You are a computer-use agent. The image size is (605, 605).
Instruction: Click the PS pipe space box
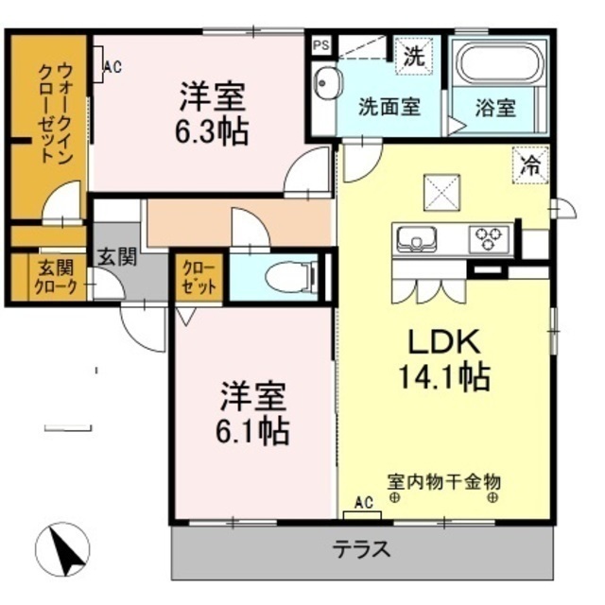pyautogui.click(x=320, y=45)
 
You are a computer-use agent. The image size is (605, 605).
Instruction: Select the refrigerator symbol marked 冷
pyautogui.click(x=530, y=165)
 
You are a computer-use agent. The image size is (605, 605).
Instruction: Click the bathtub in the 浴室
pyautogui.click(x=500, y=61)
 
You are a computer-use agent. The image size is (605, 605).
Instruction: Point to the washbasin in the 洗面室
pyautogui.click(x=328, y=83)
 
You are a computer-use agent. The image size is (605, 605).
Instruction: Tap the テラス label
pyautogui.click(x=362, y=549)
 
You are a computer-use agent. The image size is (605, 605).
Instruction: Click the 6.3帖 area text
pyautogui.click(x=212, y=131)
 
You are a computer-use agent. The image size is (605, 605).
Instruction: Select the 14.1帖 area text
pyautogui.click(x=443, y=376)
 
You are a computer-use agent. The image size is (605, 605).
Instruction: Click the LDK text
pyautogui.click(x=444, y=341)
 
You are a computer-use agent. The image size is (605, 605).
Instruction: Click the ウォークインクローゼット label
pyautogui.click(x=54, y=113)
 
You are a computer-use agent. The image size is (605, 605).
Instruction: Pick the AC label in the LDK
pyautogui.click(x=364, y=502)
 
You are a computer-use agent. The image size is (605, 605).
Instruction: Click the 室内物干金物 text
pyautogui.click(x=444, y=482)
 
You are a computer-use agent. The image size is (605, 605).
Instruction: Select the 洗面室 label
pyautogui.click(x=389, y=107)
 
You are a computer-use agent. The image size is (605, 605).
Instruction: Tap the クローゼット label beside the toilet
pyautogui.click(x=199, y=277)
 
